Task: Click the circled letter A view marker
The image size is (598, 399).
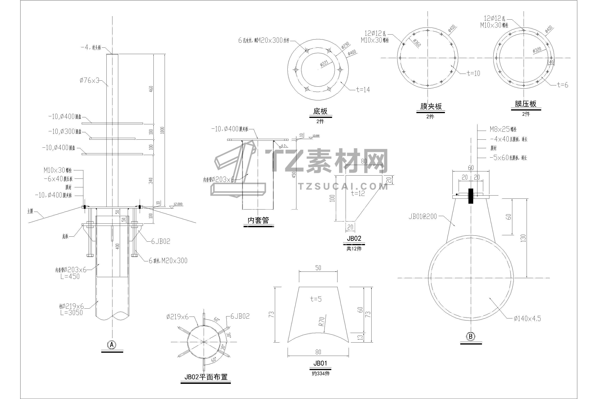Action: coord(112,345)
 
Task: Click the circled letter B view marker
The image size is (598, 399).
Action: coord(471,336)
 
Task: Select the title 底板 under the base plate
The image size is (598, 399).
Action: coord(320,111)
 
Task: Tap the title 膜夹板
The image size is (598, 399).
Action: coord(431,106)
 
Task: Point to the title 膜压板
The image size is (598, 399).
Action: coord(525,104)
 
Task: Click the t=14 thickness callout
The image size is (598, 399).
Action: coord(363,90)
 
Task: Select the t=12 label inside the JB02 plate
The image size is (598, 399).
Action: coord(358,193)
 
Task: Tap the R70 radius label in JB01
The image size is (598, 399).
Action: coord(322,321)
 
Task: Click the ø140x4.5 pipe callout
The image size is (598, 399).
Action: coord(527,319)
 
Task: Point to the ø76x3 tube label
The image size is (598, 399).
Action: coord(89,80)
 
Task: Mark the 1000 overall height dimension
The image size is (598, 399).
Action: coord(162,130)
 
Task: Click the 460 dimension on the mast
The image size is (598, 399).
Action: coord(151,89)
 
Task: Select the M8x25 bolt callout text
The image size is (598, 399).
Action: coord(503,129)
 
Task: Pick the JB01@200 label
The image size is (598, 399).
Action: coord(423,216)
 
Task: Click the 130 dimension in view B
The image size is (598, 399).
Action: coord(523,238)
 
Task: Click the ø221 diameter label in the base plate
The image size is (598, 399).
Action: coord(324,63)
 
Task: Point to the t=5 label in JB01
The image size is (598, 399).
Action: coord(316,299)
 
